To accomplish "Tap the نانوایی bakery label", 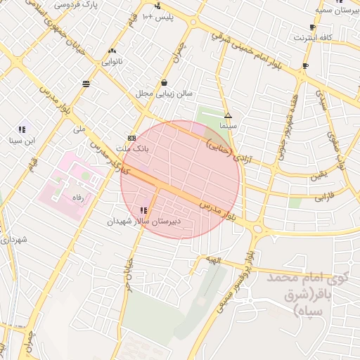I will pos(112,62).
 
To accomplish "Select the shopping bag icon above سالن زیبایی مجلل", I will pos(164,82).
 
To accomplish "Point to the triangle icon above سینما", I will pos(227,115).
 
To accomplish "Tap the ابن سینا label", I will pos(21,141).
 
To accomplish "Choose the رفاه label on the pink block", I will pos(73,199).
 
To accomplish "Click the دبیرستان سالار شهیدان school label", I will pos(144,221).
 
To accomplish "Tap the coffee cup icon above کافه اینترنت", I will pos(312,27).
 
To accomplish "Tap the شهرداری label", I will pos(14,240).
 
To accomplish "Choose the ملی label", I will pos(78,130).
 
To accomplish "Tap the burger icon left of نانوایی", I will pos(86,84).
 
